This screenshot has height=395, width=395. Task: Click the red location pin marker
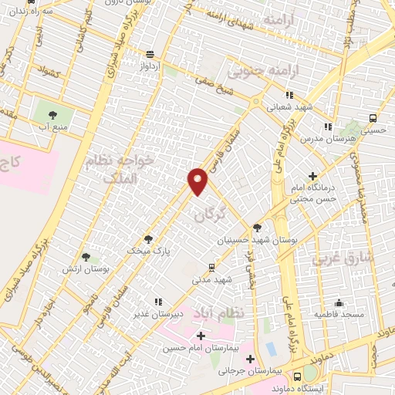[x=199, y=181]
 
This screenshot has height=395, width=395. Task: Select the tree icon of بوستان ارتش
[x=85, y=257]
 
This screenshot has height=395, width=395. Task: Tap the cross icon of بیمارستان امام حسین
[x=201, y=336]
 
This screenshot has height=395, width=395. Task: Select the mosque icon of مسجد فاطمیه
[x=338, y=303]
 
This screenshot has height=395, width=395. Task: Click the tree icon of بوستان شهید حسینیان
[x=257, y=228]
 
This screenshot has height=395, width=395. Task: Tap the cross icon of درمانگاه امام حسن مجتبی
[x=312, y=177]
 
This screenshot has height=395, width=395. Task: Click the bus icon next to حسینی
[x=373, y=118]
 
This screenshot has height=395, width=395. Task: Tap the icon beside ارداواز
[x=149, y=55]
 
